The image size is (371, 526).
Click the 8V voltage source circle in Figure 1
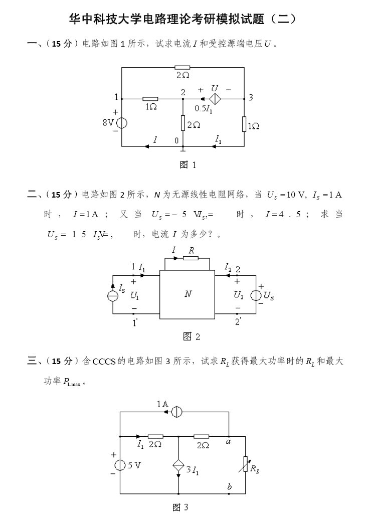(x=121, y=122)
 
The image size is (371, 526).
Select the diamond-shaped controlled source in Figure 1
(x=215, y=99)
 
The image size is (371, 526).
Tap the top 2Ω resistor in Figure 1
(x=182, y=67)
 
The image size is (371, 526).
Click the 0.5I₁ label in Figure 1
(x=204, y=109)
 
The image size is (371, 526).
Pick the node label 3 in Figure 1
(x=251, y=97)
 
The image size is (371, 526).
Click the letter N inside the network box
(x=188, y=294)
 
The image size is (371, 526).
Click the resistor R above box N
(x=191, y=259)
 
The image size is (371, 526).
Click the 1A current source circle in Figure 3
(x=175, y=412)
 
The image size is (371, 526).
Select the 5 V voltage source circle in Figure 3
(x=120, y=465)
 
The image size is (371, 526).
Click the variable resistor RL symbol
(x=245, y=464)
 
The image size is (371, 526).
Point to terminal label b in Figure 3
(x=229, y=487)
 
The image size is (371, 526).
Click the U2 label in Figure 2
(x=239, y=295)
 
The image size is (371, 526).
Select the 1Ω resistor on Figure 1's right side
(x=244, y=123)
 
